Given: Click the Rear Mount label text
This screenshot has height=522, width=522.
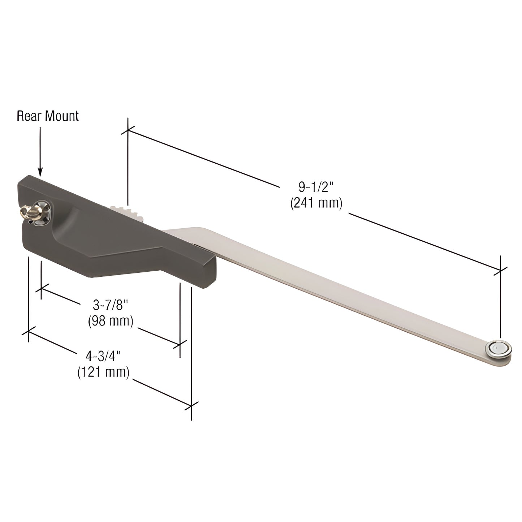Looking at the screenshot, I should click(48, 116).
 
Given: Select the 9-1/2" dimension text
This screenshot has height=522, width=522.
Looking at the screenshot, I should click(315, 187).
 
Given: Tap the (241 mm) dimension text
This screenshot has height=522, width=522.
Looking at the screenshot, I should click(316, 203).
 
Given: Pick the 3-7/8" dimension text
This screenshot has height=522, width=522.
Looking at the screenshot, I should click(111, 305).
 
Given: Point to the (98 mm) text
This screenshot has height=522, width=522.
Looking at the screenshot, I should click(111, 321).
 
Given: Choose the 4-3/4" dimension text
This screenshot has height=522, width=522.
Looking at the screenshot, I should click(103, 356).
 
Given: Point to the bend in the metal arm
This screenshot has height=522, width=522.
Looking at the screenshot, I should click(197, 231).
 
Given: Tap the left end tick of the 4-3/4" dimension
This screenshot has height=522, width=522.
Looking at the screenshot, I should click(29, 332).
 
